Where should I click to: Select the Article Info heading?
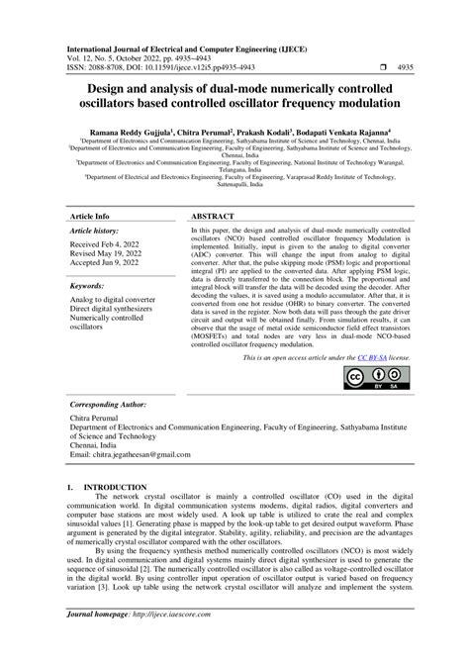point(89,215)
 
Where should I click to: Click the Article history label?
point(95,230)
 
